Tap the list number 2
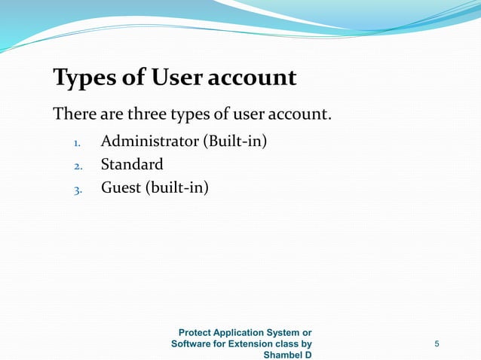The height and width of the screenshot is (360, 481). [x=77, y=165]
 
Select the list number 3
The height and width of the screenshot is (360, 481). [x=77, y=189]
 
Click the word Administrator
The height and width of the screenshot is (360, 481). [x=148, y=141]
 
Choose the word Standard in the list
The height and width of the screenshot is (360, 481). [x=132, y=163]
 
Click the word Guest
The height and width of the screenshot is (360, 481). [x=121, y=187]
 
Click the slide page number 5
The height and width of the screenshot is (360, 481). [x=437, y=344]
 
